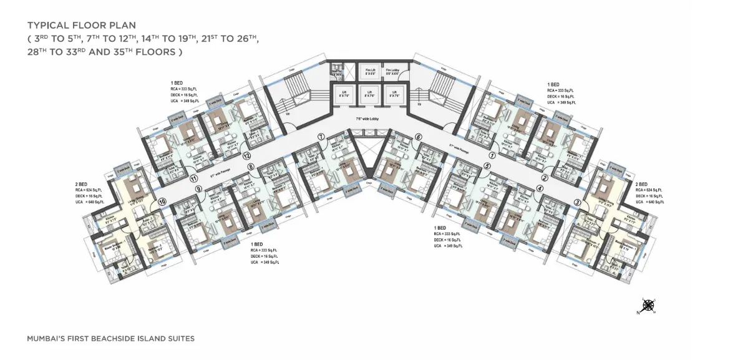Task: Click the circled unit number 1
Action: click(492, 155)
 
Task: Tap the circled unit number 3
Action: click(578, 202)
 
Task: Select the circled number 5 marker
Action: click(487, 166)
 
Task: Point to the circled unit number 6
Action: click(419, 137)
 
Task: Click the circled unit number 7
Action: click(320, 136)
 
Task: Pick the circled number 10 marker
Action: click(162, 202)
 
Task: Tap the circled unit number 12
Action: click(247, 155)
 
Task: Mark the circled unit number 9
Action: click(198, 188)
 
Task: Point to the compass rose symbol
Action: click(649, 305)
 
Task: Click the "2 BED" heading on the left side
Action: click(80, 185)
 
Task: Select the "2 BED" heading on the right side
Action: click(641, 185)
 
